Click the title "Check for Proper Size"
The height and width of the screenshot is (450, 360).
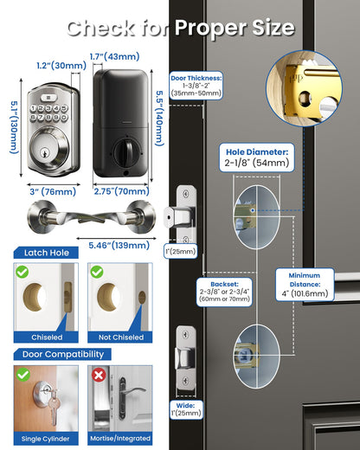click(180, 28)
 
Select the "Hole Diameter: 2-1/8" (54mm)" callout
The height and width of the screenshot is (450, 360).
click(259, 156)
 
